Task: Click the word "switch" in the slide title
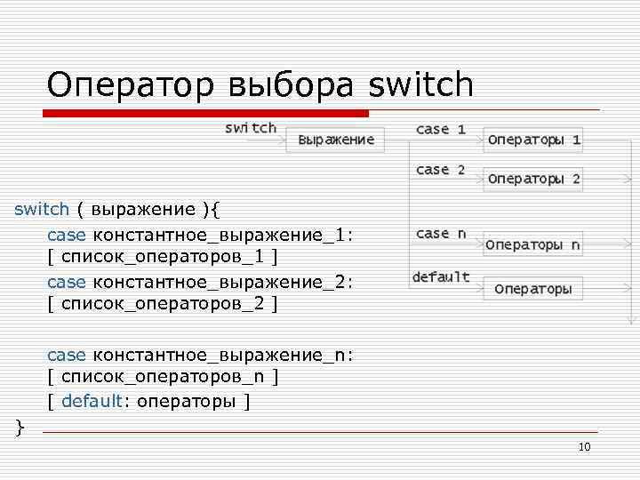[420, 85]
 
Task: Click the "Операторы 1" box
[533, 140]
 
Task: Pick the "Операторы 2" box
[533, 179]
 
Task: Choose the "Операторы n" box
[533, 244]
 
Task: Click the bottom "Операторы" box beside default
[533, 288]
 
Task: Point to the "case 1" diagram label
[440, 129]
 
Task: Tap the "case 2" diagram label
[440, 169]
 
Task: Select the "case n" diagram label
[440, 234]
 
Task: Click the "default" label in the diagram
[441, 277]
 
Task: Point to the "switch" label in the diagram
[251, 128]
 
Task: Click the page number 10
[584, 446]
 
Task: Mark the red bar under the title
[205, 114]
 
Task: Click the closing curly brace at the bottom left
[20, 428]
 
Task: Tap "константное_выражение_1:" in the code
[223, 234]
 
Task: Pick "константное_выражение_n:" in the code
[223, 355]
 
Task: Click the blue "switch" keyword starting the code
[42, 210]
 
